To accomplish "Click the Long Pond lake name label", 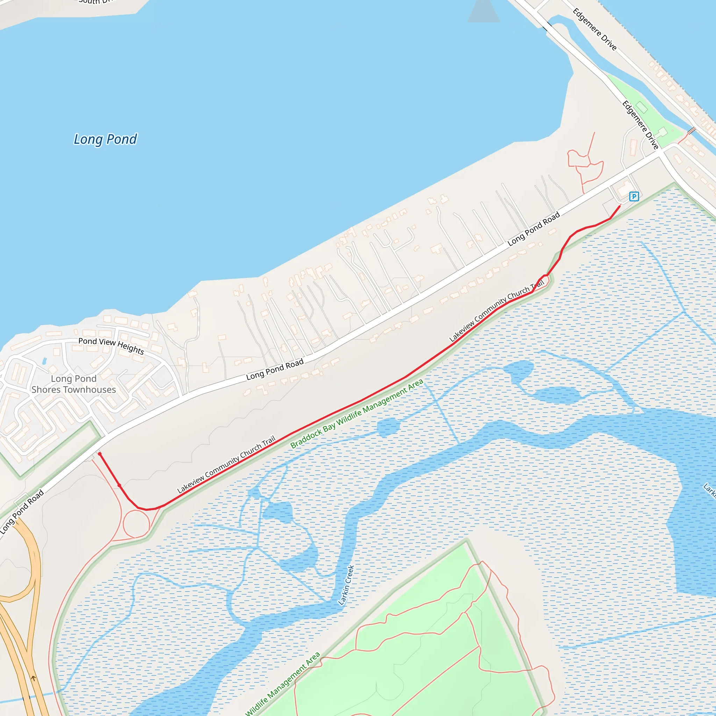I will coord(105,139).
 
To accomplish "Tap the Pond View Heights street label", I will coord(111,346).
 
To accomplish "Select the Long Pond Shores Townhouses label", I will coord(73,384).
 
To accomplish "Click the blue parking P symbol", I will coord(634,196).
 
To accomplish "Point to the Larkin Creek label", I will coord(346,585).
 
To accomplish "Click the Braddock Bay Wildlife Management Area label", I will coord(357,414).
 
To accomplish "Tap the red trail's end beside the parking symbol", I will coord(620,205).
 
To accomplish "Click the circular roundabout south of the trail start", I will coord(136,524).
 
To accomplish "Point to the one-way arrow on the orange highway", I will coord(33,679).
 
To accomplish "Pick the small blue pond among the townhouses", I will coord(44,361).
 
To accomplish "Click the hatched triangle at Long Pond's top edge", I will coord(484,11).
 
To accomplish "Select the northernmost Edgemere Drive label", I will coord(594,29).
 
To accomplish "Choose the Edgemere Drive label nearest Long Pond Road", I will coord(640,125).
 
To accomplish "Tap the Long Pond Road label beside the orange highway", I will coord(22,512).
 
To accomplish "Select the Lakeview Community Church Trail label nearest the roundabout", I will coord(226,464).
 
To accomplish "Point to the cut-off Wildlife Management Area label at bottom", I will coord(283,684).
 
